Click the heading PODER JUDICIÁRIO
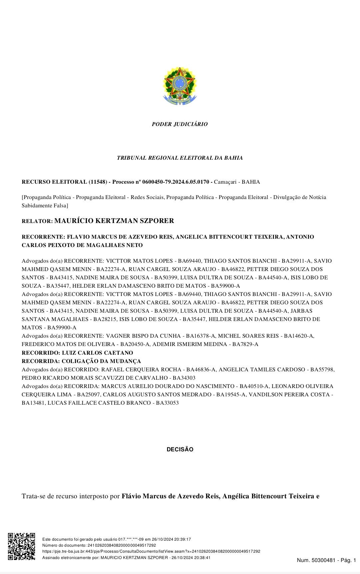(180, 124)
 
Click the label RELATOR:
(37, 221)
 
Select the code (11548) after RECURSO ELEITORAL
(98, 182)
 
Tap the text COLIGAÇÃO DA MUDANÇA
(101, 361)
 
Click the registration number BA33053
(167, 403)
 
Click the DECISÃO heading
(180, 449)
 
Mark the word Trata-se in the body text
(34, 496)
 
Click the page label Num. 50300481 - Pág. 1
(326, 560)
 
